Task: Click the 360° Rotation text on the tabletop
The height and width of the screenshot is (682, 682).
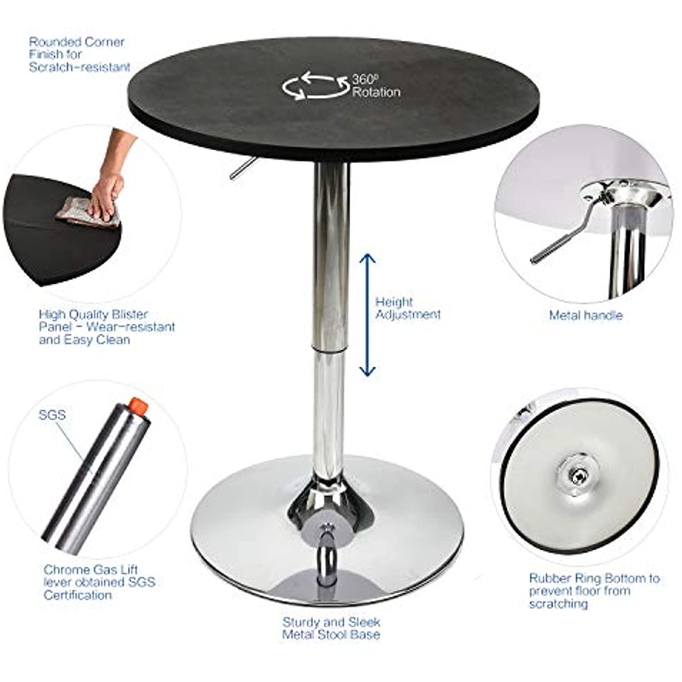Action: pyautogui.click(x=376, y=86)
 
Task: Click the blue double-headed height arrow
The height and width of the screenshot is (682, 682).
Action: pyautogui.click(x=367, y=315)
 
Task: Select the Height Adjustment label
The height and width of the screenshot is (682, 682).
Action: pyautogui.click(x=408, y=308)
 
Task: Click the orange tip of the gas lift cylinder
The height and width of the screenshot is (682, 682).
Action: pyautogui.click(x=139, y=407)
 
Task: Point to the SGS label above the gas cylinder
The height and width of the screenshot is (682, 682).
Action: pyautogui.click(x=52, y=414)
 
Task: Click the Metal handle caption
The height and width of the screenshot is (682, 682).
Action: pyautogui.click(x=586, y=315)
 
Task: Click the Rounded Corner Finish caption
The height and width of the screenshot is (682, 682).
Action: pyautogui.click(x=80, y=54)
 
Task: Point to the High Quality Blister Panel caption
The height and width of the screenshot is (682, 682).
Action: pyautogui.click(x=107, y=327)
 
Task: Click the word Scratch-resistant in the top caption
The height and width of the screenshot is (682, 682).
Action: pyautogui.click(x=80, y=67)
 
